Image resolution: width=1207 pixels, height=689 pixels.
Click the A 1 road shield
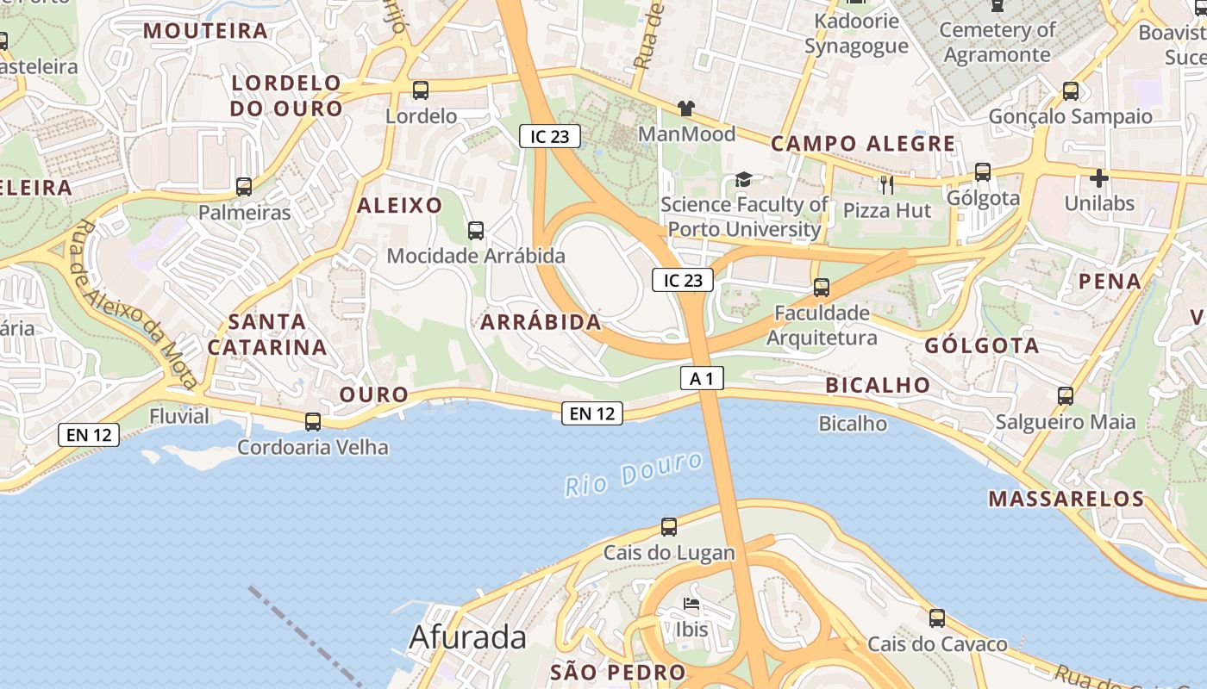702,378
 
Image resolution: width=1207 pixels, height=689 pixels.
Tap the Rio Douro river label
634,475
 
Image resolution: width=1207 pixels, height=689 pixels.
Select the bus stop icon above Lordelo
421,90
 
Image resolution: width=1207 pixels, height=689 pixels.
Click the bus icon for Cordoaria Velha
313,422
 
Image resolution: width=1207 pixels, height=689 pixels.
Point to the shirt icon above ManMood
685,109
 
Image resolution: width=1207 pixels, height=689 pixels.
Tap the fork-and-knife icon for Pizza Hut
886,184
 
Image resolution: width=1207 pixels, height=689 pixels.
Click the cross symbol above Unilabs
1098,178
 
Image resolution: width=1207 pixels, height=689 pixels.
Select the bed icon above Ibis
691,604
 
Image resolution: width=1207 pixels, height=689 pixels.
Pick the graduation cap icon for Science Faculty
743,179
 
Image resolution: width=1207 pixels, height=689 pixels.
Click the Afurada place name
467,637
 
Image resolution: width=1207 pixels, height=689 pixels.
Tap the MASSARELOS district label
1066,499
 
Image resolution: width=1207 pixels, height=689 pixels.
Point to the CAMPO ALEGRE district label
863,144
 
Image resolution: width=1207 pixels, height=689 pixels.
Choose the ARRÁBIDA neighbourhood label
541,322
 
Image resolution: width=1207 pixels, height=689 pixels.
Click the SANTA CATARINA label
267,334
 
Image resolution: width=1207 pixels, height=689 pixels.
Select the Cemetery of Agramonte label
997,42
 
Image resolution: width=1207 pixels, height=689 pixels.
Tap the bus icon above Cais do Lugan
669,526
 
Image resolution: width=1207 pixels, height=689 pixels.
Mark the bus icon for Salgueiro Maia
1066,396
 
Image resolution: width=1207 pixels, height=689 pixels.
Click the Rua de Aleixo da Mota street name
137,304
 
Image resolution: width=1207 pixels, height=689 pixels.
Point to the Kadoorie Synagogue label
856,34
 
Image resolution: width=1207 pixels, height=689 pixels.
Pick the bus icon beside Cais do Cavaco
937,618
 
